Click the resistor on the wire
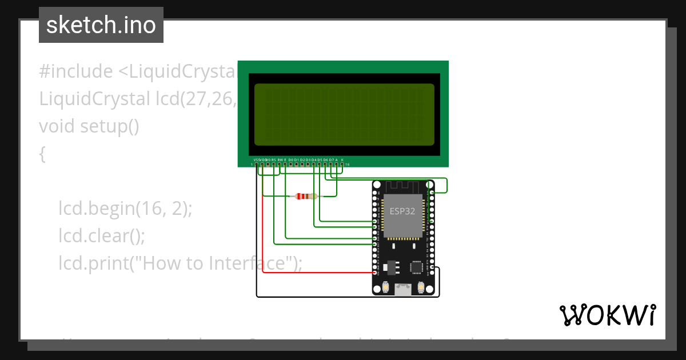pyautogui.click(x=305, y=197)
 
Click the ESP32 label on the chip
pyautogui.click(x=402, y=211)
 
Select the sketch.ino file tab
pyautogui.click(x=101, y=25)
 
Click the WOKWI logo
pyautogui.click(x=607, y=315)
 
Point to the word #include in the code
pyautogui.click(x=76, y=71)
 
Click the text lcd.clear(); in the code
pyautogui.click(x=102, y=235)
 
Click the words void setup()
pyautogui.click(x=89, y=126)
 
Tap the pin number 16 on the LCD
pyautogui.click(x=347, y=165)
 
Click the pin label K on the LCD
pyautogui.click(x=342, y=159)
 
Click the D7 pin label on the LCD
pyautogui.click(x=331, y=159)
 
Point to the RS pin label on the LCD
pyautogui.click(x=274, y=159)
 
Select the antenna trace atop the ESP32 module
pyautogui.click(x=403, y=186)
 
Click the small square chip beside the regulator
pyautogui.click(x=417, y=266)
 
